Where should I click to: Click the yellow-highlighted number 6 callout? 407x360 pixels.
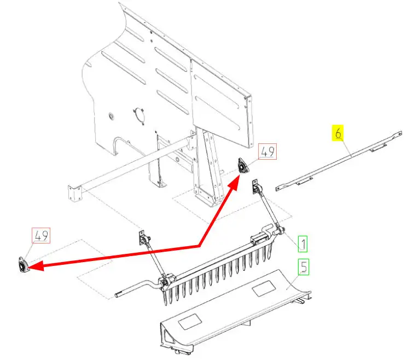click(x=338, y=132)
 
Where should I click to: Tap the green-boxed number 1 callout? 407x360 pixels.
click(x=303, y=243)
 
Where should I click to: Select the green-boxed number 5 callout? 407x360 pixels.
click(x=304, y=267)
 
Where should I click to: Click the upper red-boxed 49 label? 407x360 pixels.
click(x=268, y=152)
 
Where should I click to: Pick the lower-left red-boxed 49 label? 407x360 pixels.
click(x=41, y=235)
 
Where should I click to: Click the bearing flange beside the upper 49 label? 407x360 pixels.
click(x=242, y=166)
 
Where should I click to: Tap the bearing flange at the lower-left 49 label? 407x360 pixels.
click(x=24, y=265)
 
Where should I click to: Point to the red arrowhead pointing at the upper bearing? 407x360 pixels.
click(x=234, y=182)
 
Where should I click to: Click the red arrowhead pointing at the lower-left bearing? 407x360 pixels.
click(x=36, y=265)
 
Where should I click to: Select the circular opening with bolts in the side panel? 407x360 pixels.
click(x=139, y=116)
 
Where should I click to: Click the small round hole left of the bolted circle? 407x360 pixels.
click(x=112, y=116)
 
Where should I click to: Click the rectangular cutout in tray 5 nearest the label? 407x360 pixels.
click(x=264, y=288)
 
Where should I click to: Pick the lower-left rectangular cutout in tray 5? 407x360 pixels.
click(x=190, y=322)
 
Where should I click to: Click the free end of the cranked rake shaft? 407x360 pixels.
click(x=117, y=295)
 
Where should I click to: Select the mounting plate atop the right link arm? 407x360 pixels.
click(x=254, y=186)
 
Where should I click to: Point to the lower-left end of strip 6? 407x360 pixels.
click(x=278, y=188)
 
